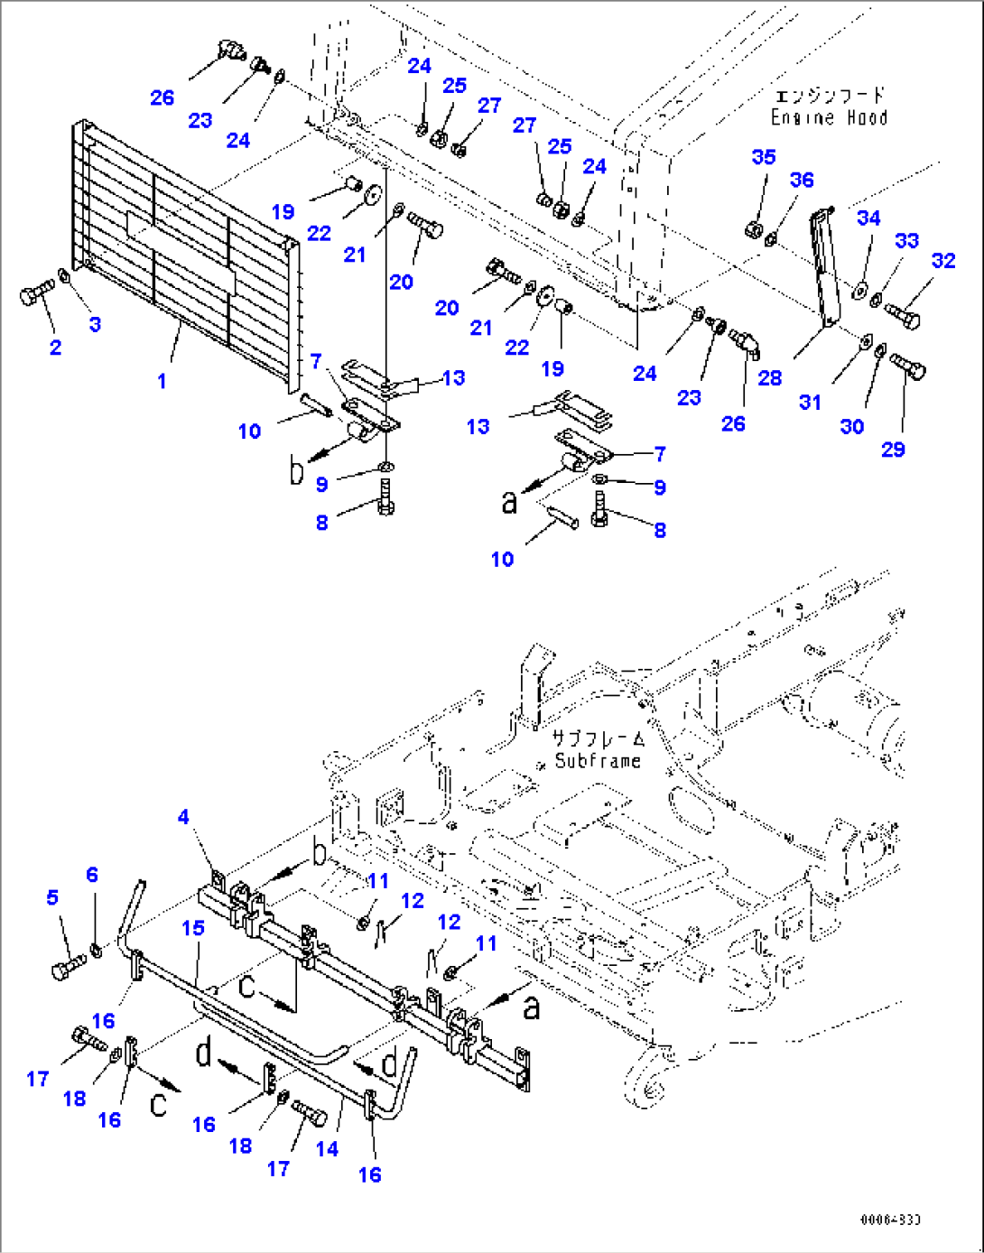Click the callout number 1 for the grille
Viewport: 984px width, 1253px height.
[x=162, y=381]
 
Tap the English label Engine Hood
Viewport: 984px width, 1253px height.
[x=829, y=118]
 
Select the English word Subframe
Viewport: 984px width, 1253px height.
[x=598, y=761]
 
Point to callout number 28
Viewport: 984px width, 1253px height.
[x=769, y=377]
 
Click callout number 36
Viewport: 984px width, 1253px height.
[x=802, y=180]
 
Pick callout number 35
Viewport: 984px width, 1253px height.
[x=764, y=157]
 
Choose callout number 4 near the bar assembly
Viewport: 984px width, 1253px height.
[x=183, y=817]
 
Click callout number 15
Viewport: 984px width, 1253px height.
[x=193, y=928]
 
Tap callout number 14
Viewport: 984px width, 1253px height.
[x=327, y=1148]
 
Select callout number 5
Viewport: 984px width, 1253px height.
[x=52, y=897]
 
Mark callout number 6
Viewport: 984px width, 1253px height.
[x=92, y=874]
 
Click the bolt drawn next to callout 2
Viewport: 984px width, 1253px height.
[x=36, y=293]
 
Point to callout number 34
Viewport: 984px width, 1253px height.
[x=868, y=218]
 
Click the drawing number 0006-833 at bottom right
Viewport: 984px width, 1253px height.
[x=889, y=1220]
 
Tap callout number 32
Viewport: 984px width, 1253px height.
[x=943, y=261]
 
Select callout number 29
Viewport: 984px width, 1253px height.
[x=893, y=449]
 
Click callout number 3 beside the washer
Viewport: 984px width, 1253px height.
[x=95, y=324]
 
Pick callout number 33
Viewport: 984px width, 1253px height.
[x=906, y=240]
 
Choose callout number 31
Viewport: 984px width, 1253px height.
[x=810, y=403]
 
